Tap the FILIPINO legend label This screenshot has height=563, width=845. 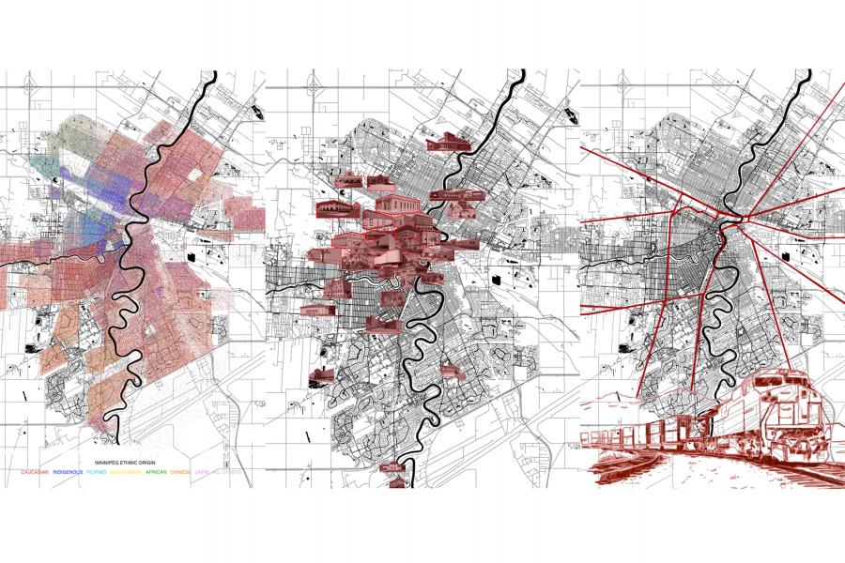[97, 472]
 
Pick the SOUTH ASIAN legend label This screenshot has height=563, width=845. [126, 472]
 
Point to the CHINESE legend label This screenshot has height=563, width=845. [179, 472]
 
